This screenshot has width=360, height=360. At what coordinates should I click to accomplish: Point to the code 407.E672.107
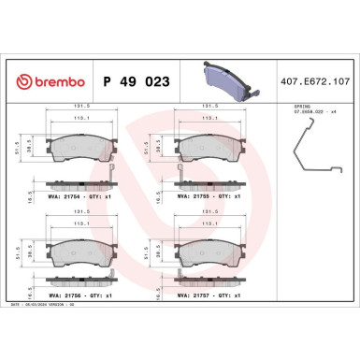(x=310, y=82)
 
